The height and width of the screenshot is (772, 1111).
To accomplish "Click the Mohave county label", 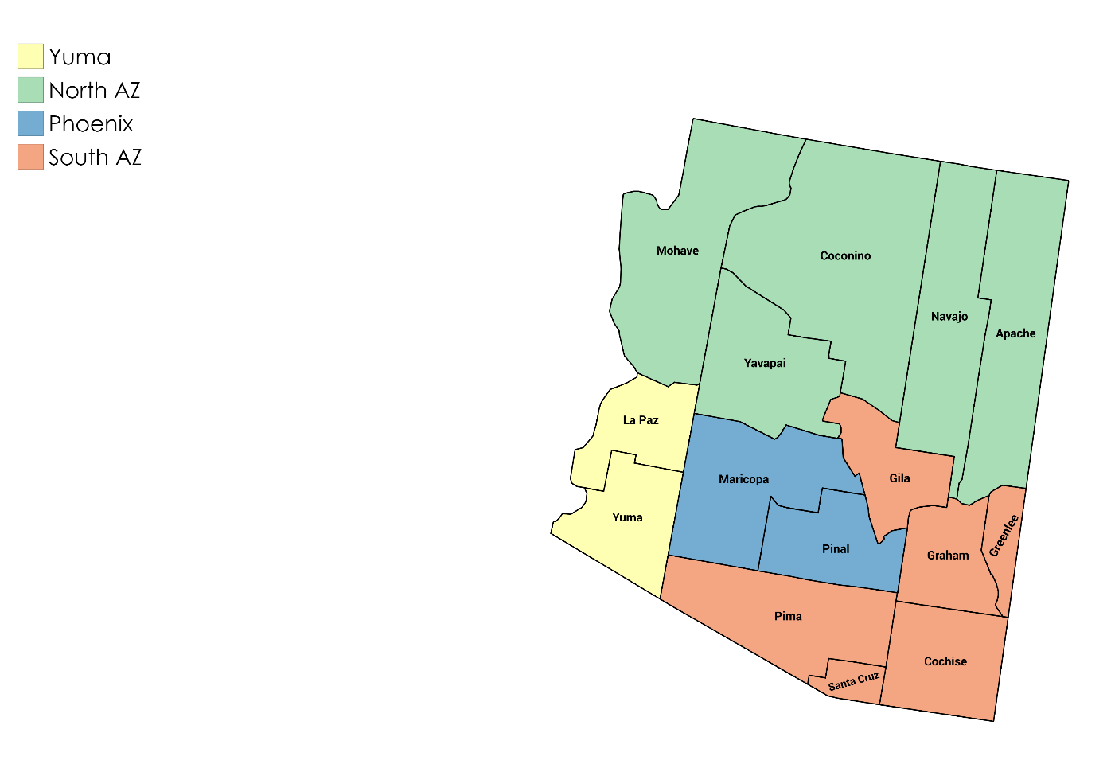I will coord(677,251).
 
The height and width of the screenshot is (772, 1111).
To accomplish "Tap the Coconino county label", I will coord(845,255).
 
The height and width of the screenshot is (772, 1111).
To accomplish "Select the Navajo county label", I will coord(949,317).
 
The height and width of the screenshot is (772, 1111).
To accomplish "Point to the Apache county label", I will coord(1015,333).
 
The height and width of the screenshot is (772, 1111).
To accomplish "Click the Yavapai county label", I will coord(765,363).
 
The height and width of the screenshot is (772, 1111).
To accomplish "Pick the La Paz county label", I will coord(641,420).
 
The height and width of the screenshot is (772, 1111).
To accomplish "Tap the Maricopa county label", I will coord(743,479).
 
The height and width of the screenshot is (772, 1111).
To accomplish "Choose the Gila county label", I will coord(899,478).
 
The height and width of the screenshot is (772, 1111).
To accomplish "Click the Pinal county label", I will coord(836,549).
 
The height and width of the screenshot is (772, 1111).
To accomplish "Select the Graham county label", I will coord(948,556).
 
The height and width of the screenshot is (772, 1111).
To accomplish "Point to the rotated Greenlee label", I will coord(1004,536).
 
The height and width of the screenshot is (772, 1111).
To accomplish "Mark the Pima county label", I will coord(788,616).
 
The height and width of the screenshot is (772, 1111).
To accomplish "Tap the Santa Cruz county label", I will coord(854,681).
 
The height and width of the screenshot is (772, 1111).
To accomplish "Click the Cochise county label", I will coord(945,661).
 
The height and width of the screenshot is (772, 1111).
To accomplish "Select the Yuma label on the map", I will coord(627,517).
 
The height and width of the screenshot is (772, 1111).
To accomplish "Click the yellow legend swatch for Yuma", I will coord(30,57).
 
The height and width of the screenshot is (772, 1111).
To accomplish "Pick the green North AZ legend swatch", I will coord(30,90).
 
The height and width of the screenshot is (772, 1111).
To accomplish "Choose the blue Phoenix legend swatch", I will coord(30,123).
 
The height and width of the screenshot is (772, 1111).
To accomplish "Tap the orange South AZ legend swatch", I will coord(30,157).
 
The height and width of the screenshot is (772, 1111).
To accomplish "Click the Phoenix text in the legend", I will coord(91,124).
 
